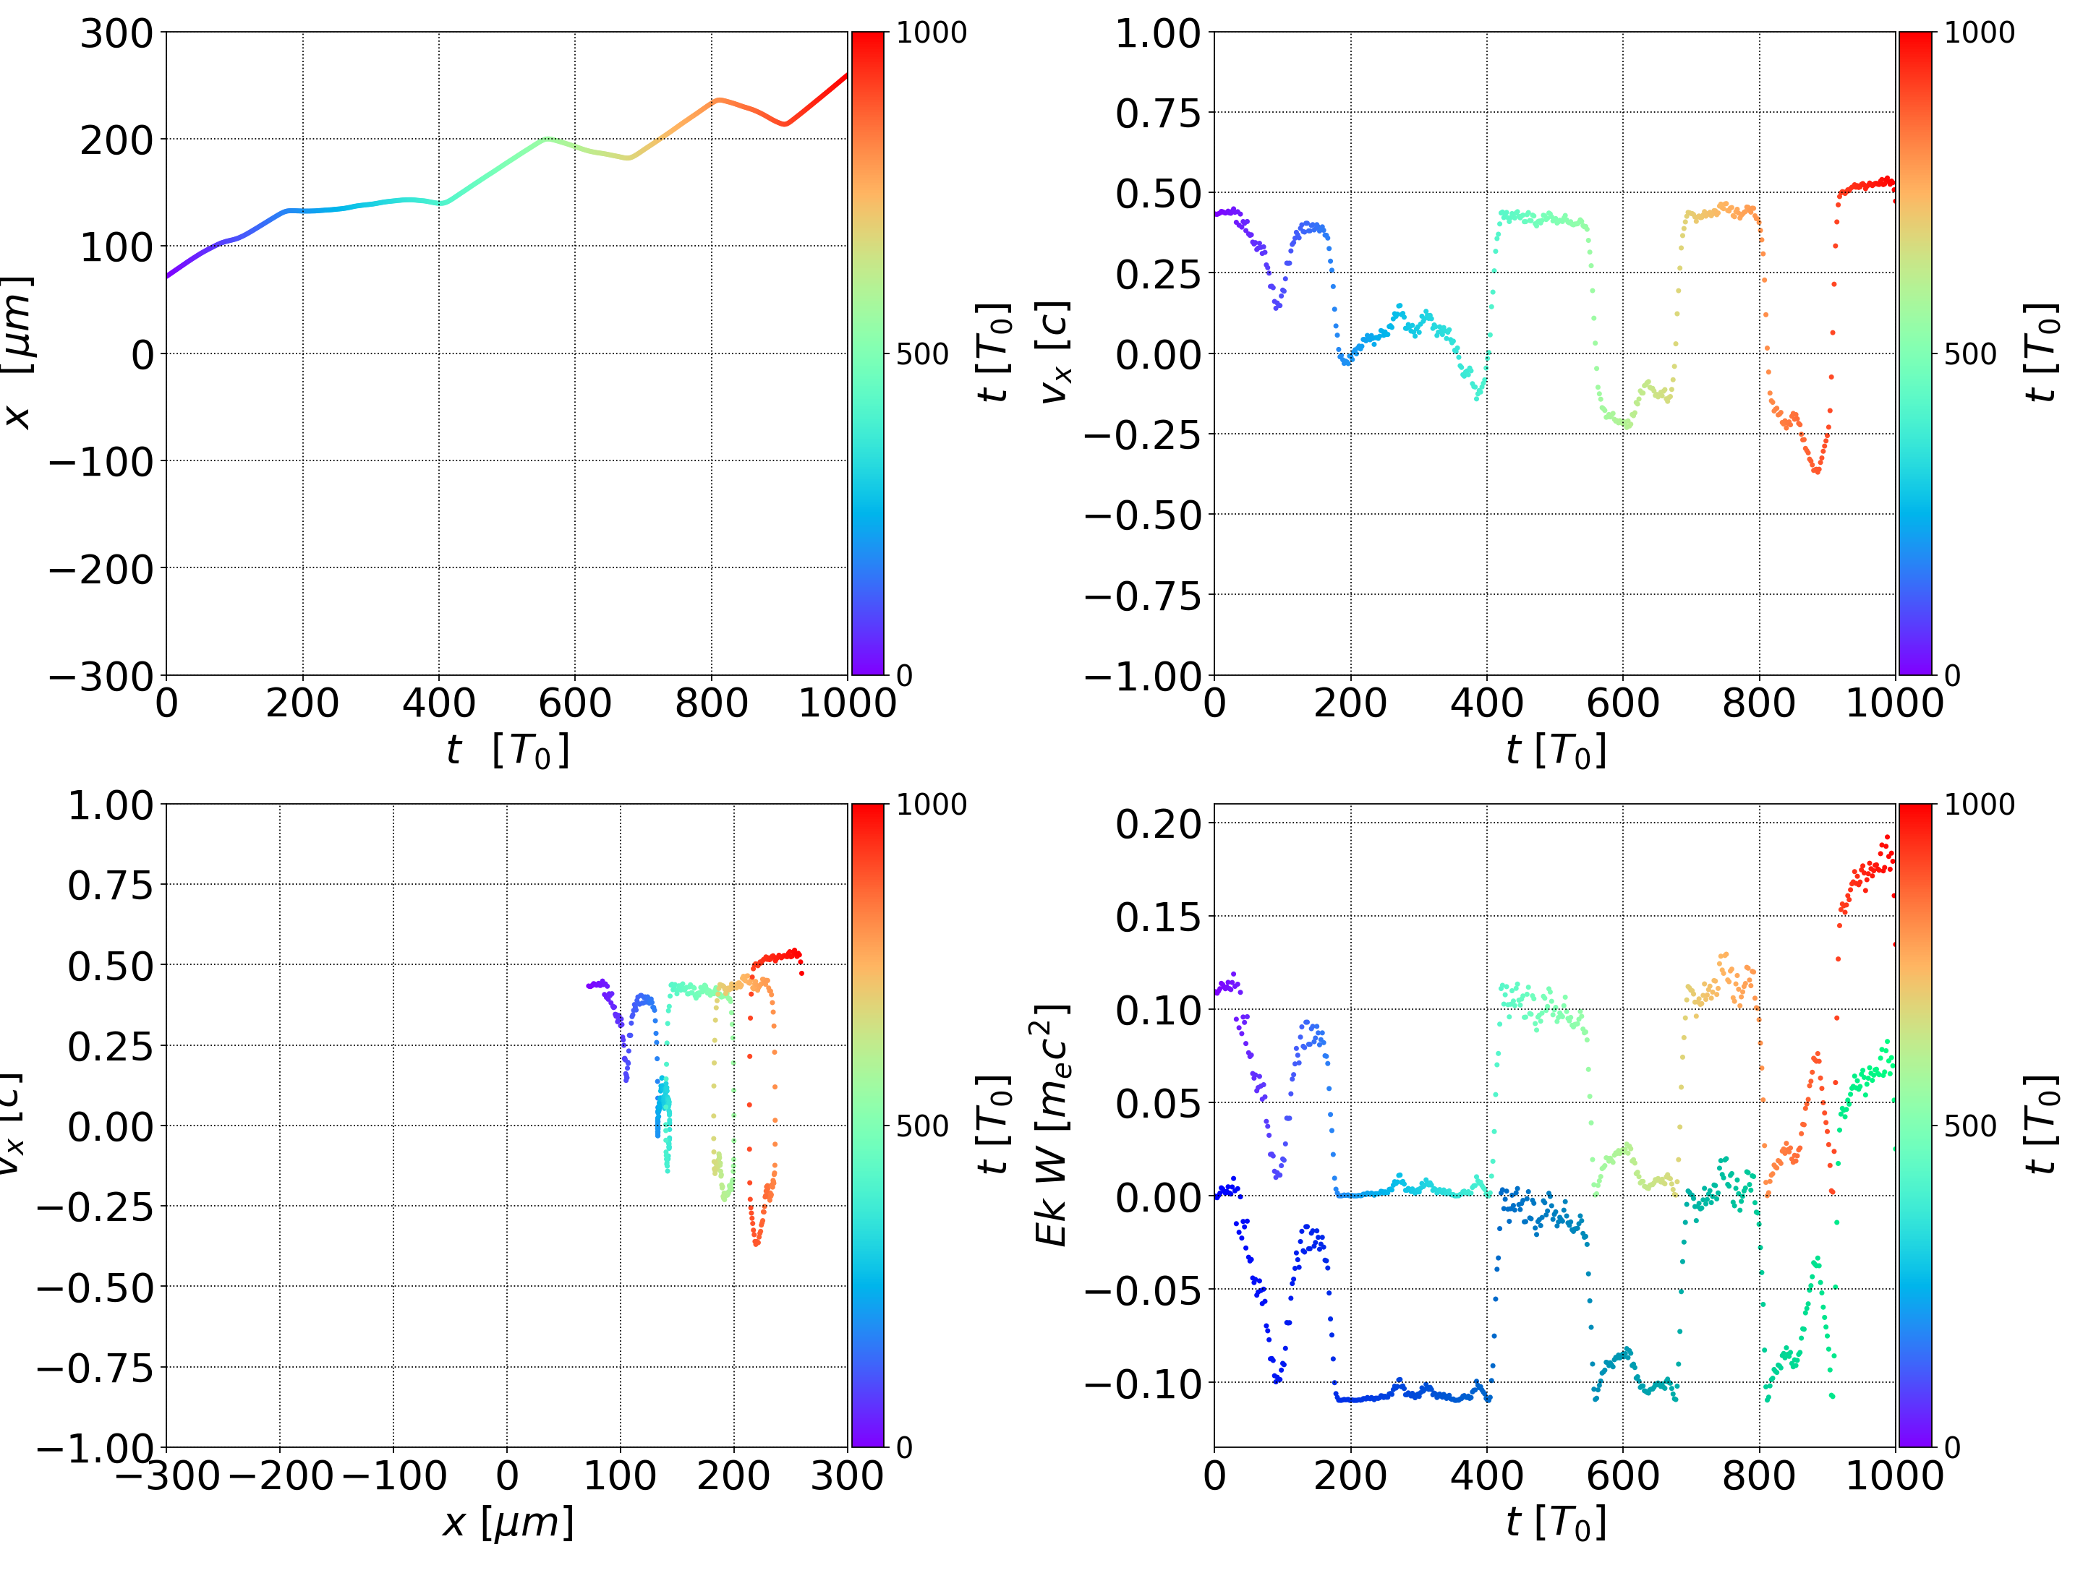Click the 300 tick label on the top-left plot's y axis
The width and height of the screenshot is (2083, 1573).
pyautogui.click(x=116, y=34)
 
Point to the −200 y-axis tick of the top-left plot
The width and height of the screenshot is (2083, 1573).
pyautogui.click(x=101, y=570)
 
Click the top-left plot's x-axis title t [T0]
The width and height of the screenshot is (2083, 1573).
pyautogui.click(x=508, y=750)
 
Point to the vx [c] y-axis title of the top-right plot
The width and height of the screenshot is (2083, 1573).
pyautogui.click(x=1054, y=353)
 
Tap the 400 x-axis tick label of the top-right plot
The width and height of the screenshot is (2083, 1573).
pyautogui.click(x=1486, y=703)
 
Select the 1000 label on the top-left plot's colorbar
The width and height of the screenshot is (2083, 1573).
pyautogui.click(x=932, y=33)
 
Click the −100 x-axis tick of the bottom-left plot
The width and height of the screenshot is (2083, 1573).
pyautogui.click(x=393, y=1475)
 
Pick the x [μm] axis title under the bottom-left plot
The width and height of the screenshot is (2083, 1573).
pyautogui.click(x=508, y=1522)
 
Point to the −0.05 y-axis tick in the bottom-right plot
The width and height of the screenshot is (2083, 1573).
pyautogui.click(x=1143, y=1290)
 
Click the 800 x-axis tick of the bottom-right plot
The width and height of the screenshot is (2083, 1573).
pyautogui.click(x=1758, y=1475)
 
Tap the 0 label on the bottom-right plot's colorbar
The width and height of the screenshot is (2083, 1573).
pyautogui.click(x=1952, y=1447)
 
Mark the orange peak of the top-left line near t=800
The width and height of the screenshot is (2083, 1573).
pyautogui.click(x=718, y=99)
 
